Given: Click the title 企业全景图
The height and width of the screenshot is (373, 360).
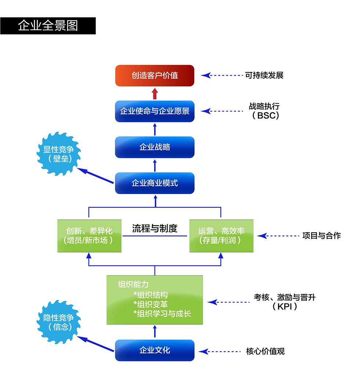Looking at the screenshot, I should click(48, 26).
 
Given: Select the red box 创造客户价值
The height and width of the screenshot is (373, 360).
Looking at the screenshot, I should click(155, 76).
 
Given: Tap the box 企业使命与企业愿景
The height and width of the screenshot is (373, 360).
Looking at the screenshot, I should click(155, 111).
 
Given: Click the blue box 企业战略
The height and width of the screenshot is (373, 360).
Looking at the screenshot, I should click(155, 147).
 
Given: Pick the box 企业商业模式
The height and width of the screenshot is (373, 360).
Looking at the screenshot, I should click(155, 183).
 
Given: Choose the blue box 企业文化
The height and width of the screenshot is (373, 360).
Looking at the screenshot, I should click(155, 350).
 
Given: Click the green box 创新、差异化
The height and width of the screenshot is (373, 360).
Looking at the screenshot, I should click(89, 236).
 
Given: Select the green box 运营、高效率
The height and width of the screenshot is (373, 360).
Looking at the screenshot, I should click(221, 236).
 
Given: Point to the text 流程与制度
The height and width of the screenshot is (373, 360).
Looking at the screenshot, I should click(155, 229).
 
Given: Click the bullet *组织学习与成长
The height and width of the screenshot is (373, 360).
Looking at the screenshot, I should click(162, 313).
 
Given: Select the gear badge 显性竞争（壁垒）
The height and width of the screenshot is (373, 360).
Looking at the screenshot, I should click(58, 154).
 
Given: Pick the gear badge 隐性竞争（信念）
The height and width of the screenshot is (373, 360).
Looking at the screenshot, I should click(58, 322).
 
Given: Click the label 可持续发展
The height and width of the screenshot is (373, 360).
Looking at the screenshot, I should click(264, 75).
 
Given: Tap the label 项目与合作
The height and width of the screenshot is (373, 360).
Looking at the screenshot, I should click(321, 236).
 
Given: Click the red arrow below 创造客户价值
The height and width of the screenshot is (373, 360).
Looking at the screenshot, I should click(155, 93).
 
